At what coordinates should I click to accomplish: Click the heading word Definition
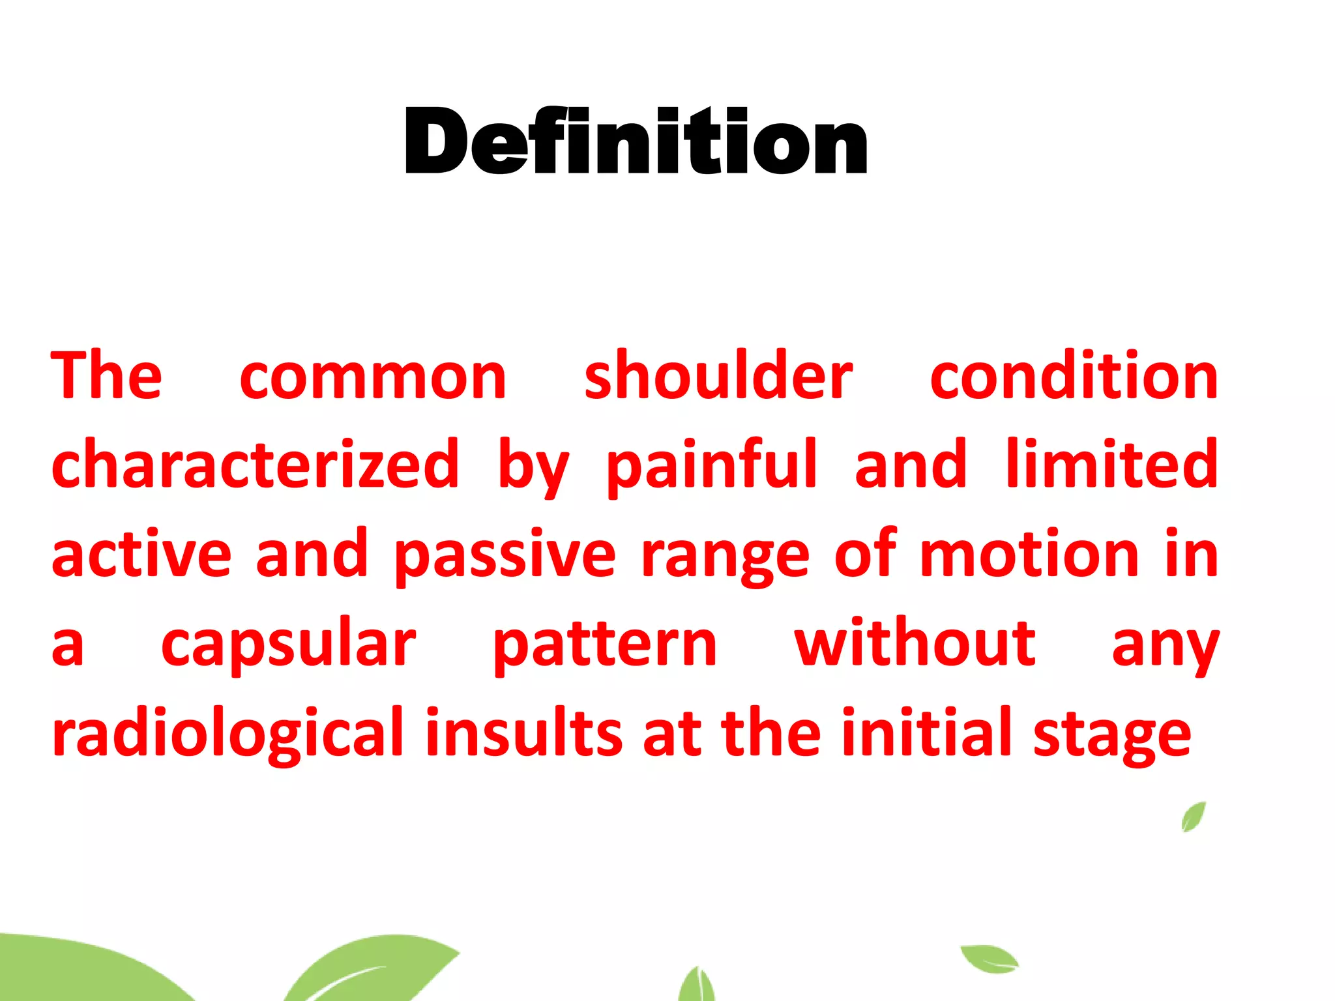click(636, 141)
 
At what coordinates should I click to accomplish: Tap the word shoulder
click(718, 376)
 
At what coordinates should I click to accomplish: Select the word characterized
click(256, 464)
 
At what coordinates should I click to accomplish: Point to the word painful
click(711, 464)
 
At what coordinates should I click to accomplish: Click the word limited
click(1111, 464)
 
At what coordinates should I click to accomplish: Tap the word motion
click(1029, 554)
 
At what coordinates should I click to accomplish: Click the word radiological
click(228, 734)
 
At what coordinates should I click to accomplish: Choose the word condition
click(1074, 376)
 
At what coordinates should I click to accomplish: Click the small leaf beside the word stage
click(1194, 817)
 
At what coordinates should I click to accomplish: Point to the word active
click(141, 554)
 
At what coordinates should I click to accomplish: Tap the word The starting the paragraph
click(106, 376)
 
